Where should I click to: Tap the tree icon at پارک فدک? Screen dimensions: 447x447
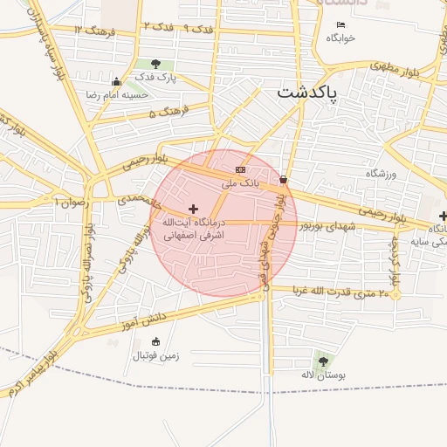click(155, 64)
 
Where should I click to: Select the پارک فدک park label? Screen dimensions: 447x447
click(156, 78)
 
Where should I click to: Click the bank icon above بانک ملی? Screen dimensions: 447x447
click(241, 169)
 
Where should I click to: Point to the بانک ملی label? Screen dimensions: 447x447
click(240, 183)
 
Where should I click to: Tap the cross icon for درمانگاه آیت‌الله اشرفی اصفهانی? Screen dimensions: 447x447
click(193, 209)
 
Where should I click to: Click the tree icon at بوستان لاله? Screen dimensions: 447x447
click(323, 361)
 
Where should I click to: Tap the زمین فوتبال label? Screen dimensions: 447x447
click(155, 355)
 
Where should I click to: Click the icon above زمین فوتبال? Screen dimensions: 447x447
click(156, 341)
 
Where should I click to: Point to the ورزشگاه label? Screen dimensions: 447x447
click(381, 174)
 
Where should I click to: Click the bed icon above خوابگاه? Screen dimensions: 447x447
click(340, 24)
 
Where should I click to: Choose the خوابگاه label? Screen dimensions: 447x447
click(340, 38)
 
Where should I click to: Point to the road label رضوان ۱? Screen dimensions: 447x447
click(71, 202)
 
